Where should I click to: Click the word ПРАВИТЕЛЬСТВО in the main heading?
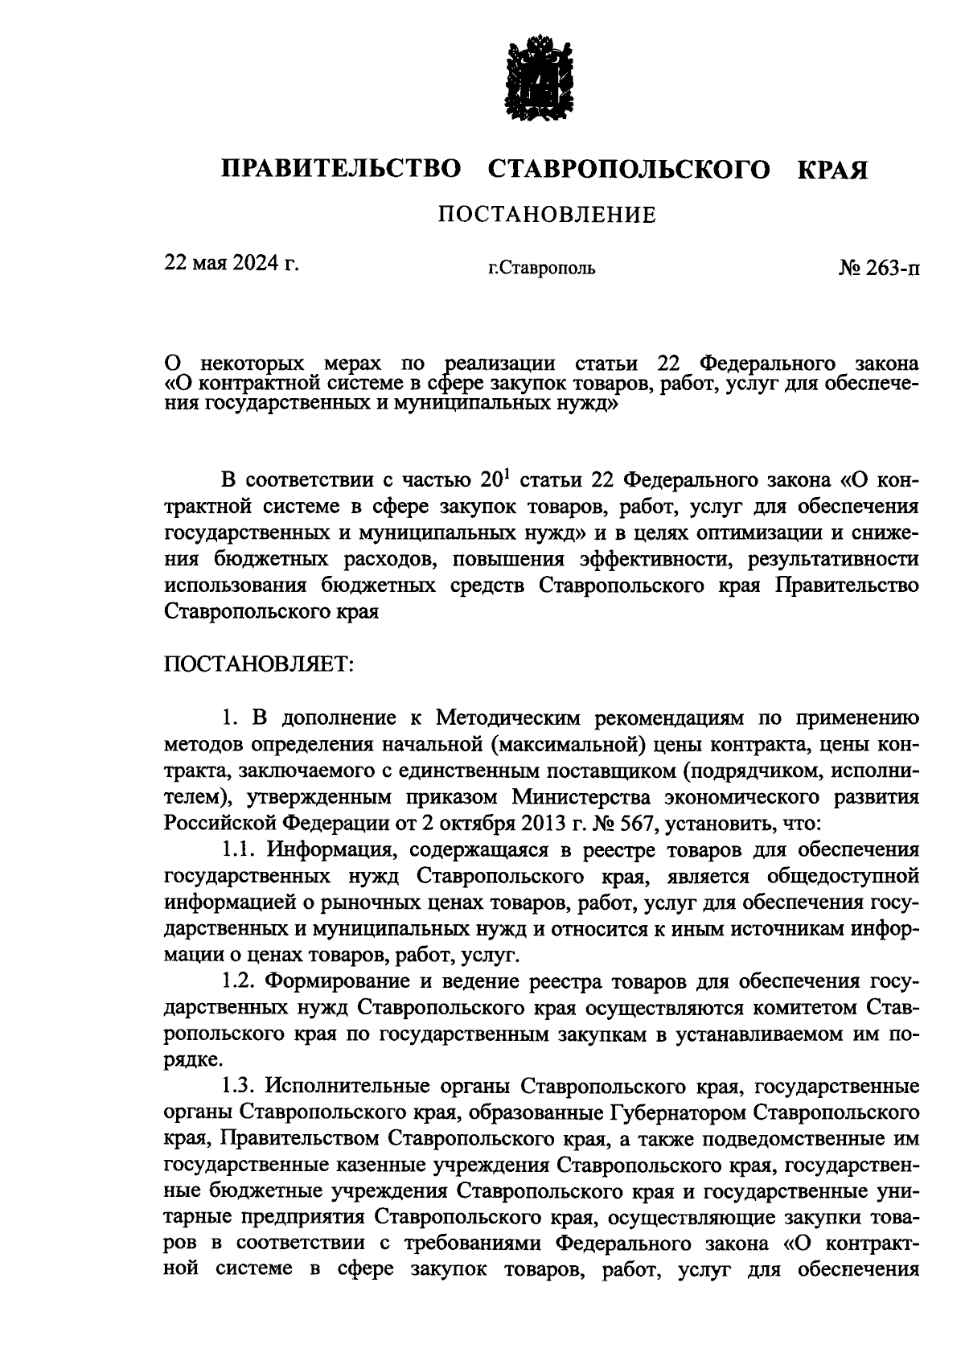pos(342,169)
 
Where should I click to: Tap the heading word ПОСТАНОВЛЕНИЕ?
pos(546,215)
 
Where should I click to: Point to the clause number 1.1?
pos(240,849)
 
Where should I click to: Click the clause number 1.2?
pos(240,982)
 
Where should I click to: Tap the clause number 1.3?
pos(240,1087)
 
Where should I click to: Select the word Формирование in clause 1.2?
pos(344,982)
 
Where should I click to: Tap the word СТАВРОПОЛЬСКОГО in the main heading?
pos(629,169)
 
